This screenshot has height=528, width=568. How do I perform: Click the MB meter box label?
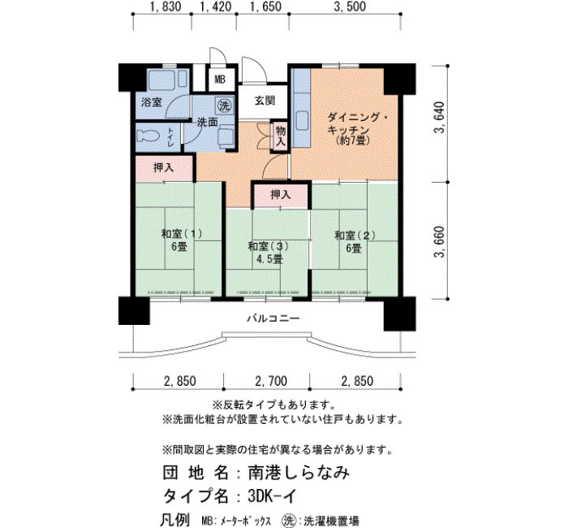220,80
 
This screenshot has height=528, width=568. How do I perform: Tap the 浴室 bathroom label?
152,102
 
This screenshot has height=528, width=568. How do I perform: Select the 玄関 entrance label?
265,101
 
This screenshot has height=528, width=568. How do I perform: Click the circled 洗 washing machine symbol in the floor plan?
225,106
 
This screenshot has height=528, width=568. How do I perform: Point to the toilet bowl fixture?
148,136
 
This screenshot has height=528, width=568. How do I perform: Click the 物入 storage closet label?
281,136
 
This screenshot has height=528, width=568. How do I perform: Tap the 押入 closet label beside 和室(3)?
281,195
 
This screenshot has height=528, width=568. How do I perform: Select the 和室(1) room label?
181,234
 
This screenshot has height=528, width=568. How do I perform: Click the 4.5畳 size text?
269,259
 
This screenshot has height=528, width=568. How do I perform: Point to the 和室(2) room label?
355,236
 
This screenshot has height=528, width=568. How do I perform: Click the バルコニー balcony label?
273,318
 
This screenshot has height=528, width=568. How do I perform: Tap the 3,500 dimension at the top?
350,6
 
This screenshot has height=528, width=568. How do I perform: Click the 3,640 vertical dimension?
440,118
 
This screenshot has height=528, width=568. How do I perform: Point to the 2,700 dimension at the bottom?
271,381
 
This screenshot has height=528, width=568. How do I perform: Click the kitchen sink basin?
302,120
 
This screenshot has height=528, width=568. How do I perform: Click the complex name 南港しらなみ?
299,473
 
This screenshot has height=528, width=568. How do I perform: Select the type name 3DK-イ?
273,496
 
